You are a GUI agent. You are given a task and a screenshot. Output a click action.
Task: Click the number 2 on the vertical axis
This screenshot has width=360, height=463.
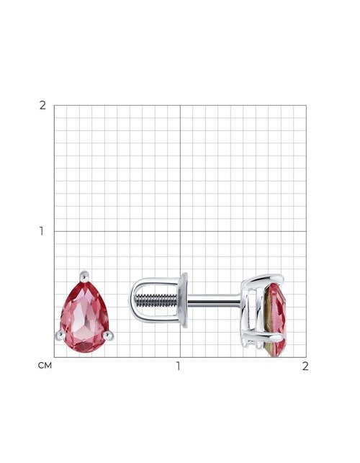42,105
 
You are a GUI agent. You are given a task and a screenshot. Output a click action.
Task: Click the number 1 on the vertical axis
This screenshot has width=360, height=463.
42,231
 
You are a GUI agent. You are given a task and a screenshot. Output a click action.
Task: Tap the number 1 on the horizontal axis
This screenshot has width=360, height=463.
178,366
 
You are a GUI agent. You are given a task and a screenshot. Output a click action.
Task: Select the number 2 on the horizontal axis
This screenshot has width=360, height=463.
305,366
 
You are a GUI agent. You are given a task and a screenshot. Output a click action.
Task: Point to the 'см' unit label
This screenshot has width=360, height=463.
45,366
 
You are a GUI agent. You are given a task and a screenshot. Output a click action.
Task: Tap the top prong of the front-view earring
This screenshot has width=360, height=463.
84,277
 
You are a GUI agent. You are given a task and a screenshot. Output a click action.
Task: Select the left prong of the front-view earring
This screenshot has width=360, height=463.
60,335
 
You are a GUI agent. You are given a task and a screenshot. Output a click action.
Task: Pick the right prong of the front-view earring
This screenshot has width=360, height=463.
108,336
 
